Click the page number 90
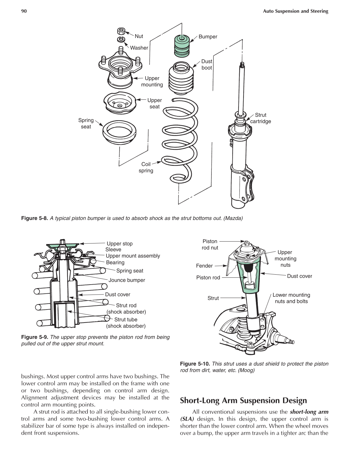(x=24, y=11)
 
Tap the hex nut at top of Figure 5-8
(x=121, y=31)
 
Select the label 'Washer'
(x=139, y=48)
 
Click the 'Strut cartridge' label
(x=261, y=118)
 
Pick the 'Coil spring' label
(x=146, y=167)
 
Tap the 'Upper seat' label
(x=154, y=103)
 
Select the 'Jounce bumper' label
(x=127, y=280)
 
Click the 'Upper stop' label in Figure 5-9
(x=120, y=244)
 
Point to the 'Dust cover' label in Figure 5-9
(x=118, y=295)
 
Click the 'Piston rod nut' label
(x=210, y=244)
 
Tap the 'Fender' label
(x=204, y=266)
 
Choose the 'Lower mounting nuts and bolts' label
(x=291, y=298)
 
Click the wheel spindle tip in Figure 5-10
(x=292, y=342)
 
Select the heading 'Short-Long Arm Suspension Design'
(x=243, y=401)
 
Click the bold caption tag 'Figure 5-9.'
(x=35, y=337)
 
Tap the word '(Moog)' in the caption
(x=246, y=370)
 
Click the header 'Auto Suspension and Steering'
(x=296, y=11)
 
